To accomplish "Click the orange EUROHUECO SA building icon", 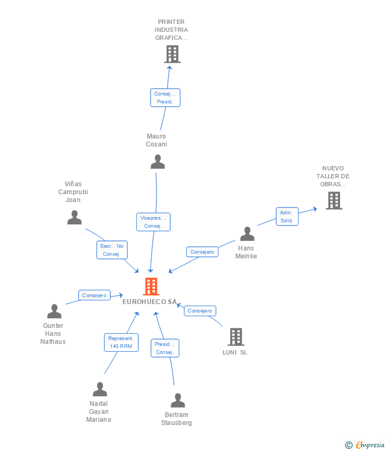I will (x=151, y=287).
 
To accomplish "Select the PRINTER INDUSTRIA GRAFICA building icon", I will (x=172, y=54).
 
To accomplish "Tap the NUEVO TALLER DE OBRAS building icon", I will (x=334, y=201).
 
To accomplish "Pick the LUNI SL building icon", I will (x=235, y=337).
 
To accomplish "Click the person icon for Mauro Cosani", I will (x=157, y=162).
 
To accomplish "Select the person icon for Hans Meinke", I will (x=247, y=234).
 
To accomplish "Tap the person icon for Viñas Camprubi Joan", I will (x=75, y=218).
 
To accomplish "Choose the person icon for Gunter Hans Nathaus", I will (x=54, y=311).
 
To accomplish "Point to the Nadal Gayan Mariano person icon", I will (x=100, y=389).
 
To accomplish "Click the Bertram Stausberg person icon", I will (x=178, y=401).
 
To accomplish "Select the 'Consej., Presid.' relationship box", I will (x=165, y=98).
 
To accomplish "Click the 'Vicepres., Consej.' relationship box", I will (x=153, y=222).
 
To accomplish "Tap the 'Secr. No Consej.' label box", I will (x=112, y=250).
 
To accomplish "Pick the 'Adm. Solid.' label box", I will (x=287, y=216).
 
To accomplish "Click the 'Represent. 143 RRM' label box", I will (x=121, y=342).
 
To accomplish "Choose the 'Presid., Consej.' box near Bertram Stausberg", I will (x=164, y=348).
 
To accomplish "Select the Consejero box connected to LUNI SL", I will (x=200, y=311).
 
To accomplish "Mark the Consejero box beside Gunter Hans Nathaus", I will (x=94, y=295).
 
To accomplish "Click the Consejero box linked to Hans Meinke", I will (x=202, y=252).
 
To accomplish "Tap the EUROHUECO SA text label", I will (x=150, y=302).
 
